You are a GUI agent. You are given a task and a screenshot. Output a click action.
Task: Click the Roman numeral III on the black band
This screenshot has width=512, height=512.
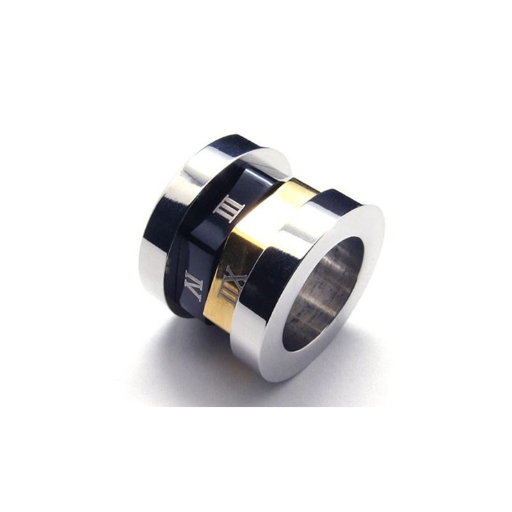tap(227, 209)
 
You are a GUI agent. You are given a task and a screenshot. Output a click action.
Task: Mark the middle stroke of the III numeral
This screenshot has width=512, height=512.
tap(227, 209)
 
